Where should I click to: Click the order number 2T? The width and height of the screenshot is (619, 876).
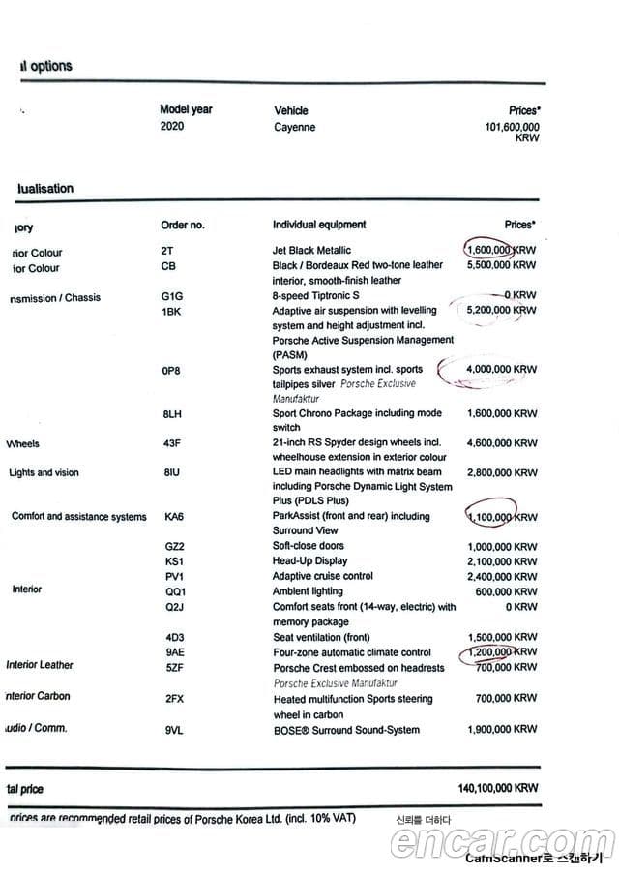point(167,251)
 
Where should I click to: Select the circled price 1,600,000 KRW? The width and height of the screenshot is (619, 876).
point(501,250)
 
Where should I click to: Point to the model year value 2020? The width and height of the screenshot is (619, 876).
point(172,127)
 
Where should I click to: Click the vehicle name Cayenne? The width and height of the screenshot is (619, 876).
point(294,127)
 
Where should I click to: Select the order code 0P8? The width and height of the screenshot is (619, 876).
point(171,369)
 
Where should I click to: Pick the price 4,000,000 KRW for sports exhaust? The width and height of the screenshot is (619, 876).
point(501,369)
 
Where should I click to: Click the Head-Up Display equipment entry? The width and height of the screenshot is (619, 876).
point(309,561)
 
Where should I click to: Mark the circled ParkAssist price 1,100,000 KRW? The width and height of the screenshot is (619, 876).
point(501,518)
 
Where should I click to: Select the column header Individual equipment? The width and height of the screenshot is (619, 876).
point(319,225)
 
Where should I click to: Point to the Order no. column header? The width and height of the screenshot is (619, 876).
point(183,225)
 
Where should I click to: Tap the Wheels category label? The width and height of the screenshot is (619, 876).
point(22,444)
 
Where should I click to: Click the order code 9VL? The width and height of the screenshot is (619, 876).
point(174,730)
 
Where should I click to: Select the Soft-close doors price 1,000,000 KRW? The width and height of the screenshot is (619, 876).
point(501,547)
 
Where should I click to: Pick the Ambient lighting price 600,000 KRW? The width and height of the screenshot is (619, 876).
point(507,591)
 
